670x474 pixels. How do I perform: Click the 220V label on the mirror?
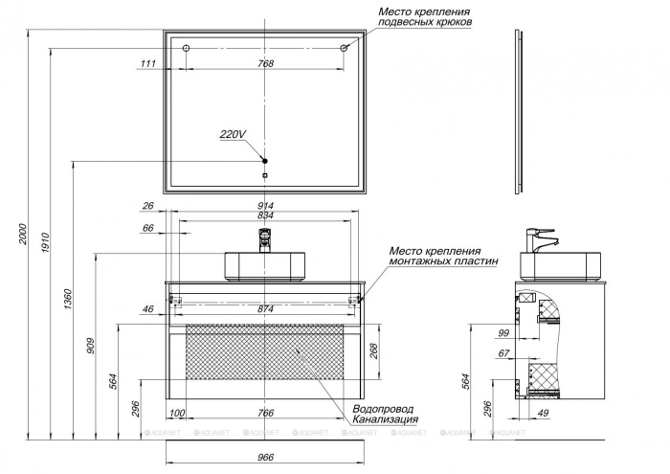[x=233, y=134]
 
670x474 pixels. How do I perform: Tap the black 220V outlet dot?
[x=265, y=161]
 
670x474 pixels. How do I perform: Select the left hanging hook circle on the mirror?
[x=186, y=48]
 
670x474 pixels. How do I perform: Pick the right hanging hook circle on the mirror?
[x=343, y=48]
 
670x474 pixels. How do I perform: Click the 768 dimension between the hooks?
[x=265, y=63]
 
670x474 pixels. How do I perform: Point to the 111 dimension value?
[x=147, y=63]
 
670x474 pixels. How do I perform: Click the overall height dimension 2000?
[x=23, y=234]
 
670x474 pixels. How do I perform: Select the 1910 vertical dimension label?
[x=45, y=242]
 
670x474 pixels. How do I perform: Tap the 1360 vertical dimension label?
[x=68, y=299]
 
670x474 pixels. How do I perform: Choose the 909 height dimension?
[x=91, y=346]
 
